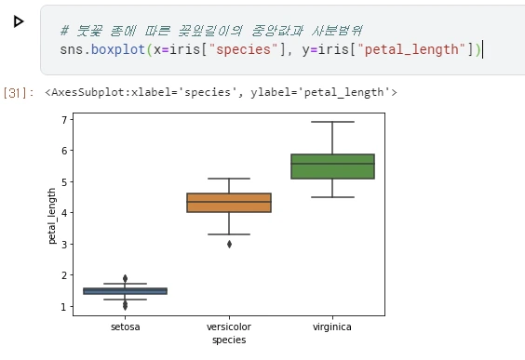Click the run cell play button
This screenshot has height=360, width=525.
click(x=19, y=20)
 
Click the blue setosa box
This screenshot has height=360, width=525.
click(x=125, y=291)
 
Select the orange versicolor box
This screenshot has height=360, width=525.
click(x=229, y=203)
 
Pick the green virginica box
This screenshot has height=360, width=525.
click(x=332, y=166)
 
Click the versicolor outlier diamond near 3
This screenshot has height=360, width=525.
click(x=229, y=244)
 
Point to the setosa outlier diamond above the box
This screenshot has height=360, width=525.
click(x=125, y=278)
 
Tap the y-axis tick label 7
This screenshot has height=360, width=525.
click(x=63, y=120)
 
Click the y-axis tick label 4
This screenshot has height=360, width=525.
click(x=63, y=213)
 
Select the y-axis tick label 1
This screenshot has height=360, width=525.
click(x=63, y=306)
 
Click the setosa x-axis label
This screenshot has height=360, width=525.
click(x=125, y=327)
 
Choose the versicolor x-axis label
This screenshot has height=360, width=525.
click(x=229, y=327)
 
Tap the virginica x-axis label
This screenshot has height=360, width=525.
click(x=332, y=327)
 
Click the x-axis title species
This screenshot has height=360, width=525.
click(x=229, y=340)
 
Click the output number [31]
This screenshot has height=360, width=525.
click(x=16, y=92)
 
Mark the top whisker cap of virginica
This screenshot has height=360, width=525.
click(x=332, y=122)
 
